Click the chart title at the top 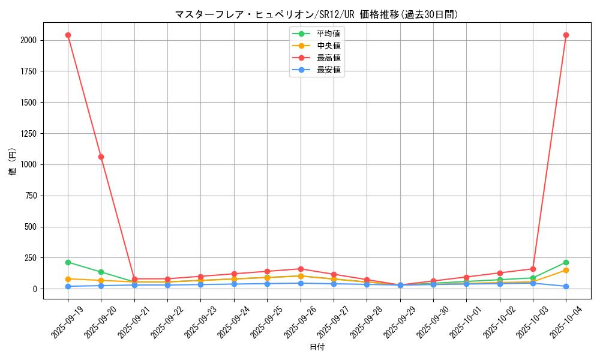pos(316,14)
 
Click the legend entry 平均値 pos(328,33)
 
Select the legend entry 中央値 pos(328,46)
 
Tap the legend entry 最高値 pos(328,58)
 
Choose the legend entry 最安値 pos(328,70)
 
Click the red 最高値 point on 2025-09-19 pos(68,35)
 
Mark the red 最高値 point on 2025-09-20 pos(101,157)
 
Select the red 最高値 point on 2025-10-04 pos(566,35)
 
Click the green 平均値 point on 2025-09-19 pos(68,262)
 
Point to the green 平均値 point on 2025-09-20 pos(101,272)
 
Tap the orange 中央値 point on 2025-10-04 pos(566,270)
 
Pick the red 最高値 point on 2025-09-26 pos(300,269)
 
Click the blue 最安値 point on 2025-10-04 pos(566,286)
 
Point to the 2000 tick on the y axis pos(28,40)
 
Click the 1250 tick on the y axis pos(28,133)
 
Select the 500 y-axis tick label pos(30,227)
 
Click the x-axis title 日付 pos(317,347)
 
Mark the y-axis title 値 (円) pos(13,162)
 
